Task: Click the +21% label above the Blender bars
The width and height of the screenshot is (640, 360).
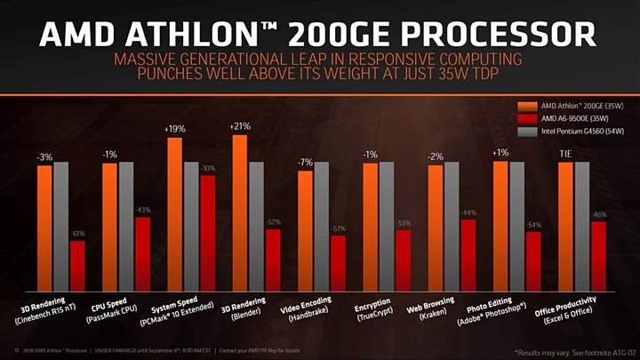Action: pos(239,126)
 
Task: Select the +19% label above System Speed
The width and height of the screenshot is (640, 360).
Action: pos(174,129)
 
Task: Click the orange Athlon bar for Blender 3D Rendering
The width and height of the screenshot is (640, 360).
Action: pos(239,213)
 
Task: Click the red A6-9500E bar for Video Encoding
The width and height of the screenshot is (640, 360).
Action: pos(338,263)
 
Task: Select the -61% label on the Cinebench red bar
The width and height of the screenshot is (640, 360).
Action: pos(78,234)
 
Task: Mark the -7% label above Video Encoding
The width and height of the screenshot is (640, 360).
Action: pos(305,162)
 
